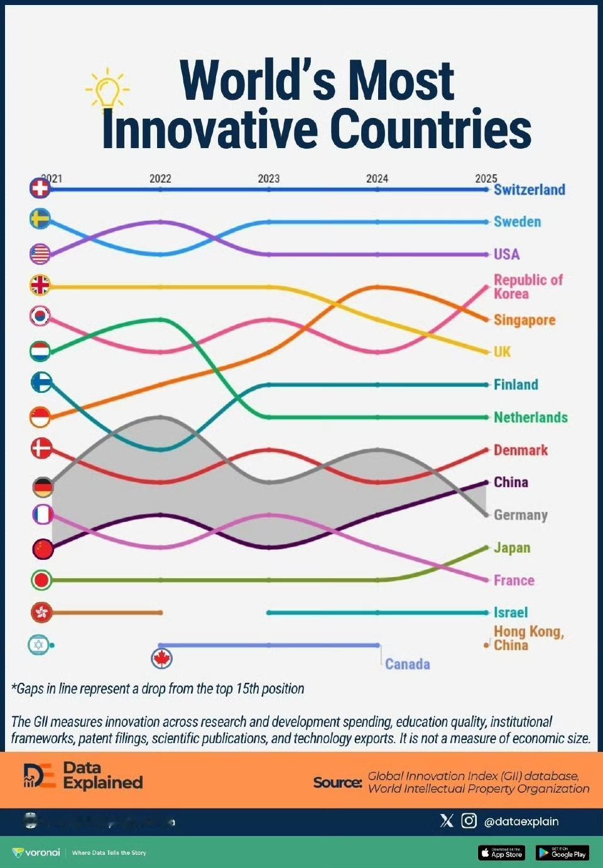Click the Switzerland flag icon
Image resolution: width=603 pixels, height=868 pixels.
pyautogui.click(x=40, y=188)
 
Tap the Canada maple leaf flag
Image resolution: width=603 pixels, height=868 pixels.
pyautogui.click(x=162, y=658)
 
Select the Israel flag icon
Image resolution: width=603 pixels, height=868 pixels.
pyautogui.click(x=38, y=645)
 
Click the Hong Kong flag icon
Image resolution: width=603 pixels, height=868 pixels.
pyautogui.click(x=41, y=612)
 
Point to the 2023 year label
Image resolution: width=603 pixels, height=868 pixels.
pyautogui.click(x=269, y=178)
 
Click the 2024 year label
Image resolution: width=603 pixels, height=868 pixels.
pyautogui.click(x=377, y=178)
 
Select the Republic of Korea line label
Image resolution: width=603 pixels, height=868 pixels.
pyautogui.click(x=528, y=286)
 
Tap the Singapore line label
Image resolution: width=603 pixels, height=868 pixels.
pyautogui.click(x=524, y=320)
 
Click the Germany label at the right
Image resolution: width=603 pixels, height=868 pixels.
pyautogui.click(x=521, y=515)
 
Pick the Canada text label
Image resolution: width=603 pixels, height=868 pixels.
pyautogui.click(x=408, y=664)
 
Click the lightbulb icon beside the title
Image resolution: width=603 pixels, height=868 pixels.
pyautogui.click(x=107, y=88)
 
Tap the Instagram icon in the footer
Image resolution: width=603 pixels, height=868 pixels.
pyautogui.click(x=469, y=820)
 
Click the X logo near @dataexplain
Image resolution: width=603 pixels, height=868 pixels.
pyautogui.click(x=447, y=820)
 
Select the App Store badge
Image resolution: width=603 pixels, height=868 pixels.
pyautogui.click(x=501, y=853)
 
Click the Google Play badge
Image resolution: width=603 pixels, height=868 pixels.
pyautogui.click(x=562, y=853)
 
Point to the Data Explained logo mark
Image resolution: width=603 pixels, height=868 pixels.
pyautogui.click(x=39, y=776)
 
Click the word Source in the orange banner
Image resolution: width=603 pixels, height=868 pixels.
pyautogui.click(x=337, y=782)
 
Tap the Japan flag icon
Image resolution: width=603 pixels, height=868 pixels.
pyautogui.click(x=41, y=580)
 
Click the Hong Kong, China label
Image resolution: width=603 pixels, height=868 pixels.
pyautogui.click(x=528, y=638)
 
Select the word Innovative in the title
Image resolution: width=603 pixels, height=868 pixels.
pyautogui.click(x=210, y=129)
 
